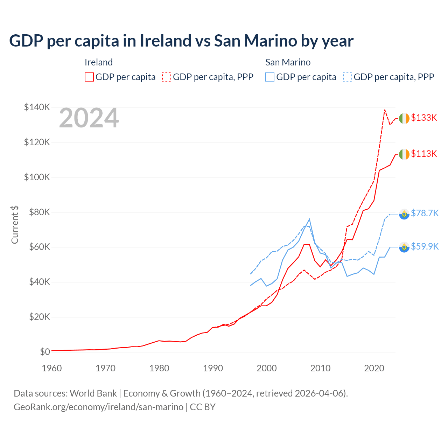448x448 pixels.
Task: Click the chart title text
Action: point(181,41)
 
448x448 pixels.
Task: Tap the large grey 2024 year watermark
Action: point(89,118)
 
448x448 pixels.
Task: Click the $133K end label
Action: point(424,118)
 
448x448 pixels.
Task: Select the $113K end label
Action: point(424,154)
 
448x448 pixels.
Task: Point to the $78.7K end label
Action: point(425,213)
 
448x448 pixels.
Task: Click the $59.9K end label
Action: point(425,246)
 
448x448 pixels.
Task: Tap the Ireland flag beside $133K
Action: point(404,119)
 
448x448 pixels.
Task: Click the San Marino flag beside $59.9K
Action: point(404,247)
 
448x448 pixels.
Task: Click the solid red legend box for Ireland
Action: point(89,77)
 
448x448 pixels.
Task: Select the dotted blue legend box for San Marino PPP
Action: point(348,77)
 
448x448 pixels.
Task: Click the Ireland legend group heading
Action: point(99,62)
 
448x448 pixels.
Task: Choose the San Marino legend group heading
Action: point(288,62)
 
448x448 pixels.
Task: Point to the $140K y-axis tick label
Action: point(37,107)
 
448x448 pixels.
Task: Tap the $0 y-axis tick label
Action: point(45,352)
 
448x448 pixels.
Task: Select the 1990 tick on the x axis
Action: point(213,368)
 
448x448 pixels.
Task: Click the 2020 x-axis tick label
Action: point(374,368)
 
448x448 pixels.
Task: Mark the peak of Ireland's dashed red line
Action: point(385,110)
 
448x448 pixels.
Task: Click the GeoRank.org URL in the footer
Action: point(98,407)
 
